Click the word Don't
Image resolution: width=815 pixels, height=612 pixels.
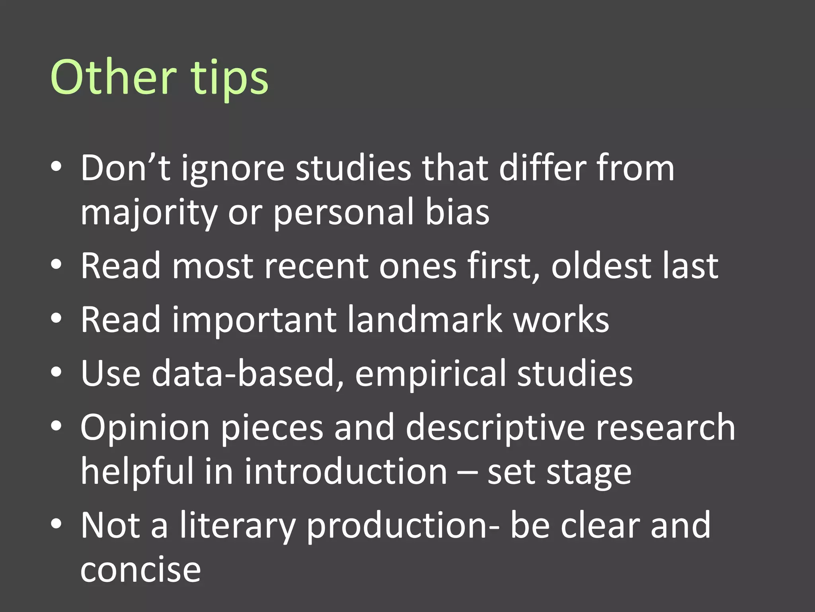click(125, 168)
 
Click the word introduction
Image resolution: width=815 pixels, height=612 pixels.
click(346, 471)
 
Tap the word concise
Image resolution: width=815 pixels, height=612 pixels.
click(140, 570)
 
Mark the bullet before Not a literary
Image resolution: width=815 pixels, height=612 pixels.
click(56, 524)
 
